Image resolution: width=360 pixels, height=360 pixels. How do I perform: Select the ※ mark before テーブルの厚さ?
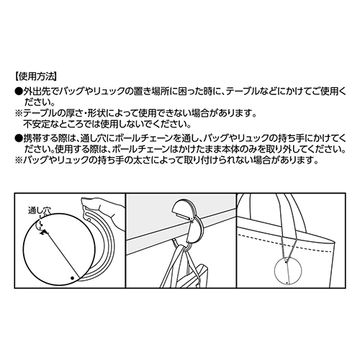[x=17, y=114]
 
